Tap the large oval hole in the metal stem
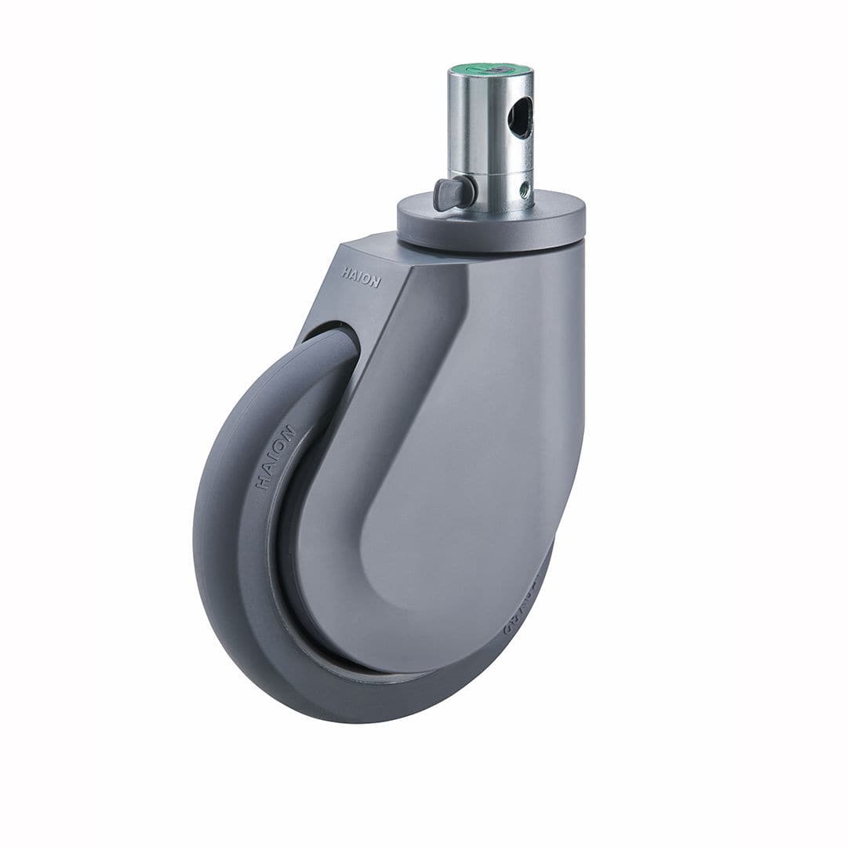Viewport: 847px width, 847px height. (519, 119)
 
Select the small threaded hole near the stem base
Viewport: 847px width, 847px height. (525, 189)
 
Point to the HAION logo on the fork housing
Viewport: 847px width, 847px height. (361, 277)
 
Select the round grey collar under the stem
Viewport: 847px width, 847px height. (491, 224)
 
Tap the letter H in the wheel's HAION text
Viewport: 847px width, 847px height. (262, 484)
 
